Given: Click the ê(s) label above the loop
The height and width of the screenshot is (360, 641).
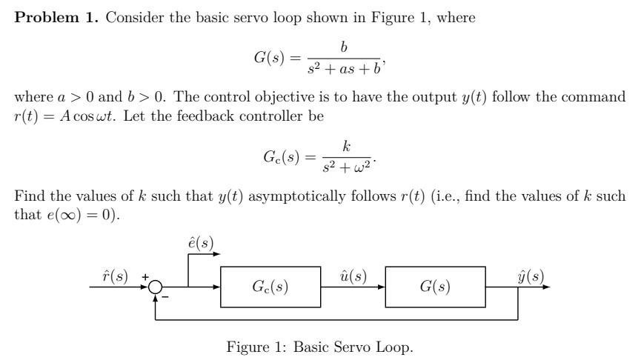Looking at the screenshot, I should (x=202, y=243).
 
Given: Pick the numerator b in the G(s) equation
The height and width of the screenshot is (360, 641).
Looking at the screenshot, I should (x=343, y=47).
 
